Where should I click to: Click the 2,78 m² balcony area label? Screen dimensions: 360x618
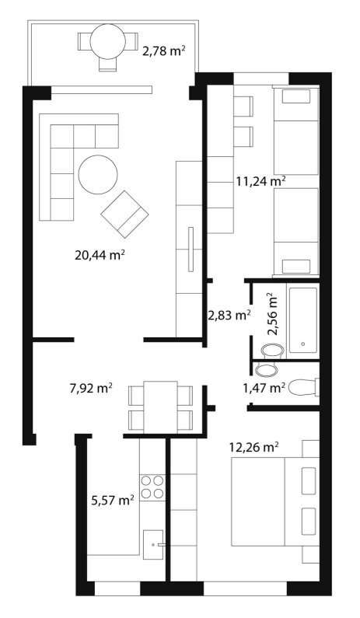coord(164,51)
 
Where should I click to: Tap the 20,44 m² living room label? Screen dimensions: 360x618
coord(100,256)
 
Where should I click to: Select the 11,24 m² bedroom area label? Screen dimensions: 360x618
coord(261,181)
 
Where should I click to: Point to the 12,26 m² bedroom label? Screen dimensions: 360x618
coord(254,447)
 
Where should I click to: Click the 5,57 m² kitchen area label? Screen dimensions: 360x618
coord(113,501)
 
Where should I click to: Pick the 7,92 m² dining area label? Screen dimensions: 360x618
coord(91,389)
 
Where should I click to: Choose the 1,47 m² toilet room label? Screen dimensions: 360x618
coord(264,388)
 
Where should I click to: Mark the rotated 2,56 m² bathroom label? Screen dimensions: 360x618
coord(271,314)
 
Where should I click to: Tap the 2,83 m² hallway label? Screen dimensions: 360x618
coord(229,316)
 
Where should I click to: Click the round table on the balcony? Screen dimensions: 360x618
coord(108,41)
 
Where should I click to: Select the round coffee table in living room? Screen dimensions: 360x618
coord(98,175)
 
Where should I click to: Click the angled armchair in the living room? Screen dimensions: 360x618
coord(124,214)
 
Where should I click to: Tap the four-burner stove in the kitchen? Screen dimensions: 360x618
coord(152,487)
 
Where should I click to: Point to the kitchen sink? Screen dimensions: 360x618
coord(153,544)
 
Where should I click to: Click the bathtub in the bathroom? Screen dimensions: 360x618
coord(302,320)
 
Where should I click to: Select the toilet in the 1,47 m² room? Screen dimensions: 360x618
coord(303,387)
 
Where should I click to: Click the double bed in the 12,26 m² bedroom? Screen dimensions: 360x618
coord(275,501)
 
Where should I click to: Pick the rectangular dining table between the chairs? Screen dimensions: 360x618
coord(160,407)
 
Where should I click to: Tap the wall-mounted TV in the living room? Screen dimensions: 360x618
coord(190,249)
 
